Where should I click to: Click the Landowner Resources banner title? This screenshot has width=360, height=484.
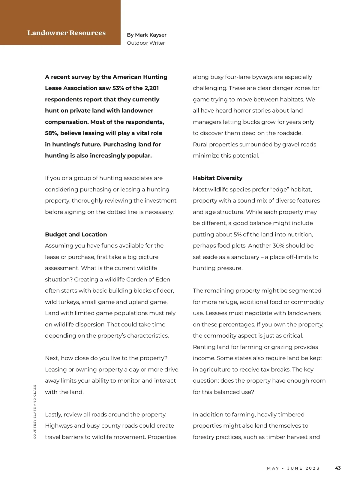point(66,33)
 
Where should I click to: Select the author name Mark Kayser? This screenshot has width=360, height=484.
point(151,35)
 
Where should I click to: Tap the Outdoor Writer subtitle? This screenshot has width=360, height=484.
point(146,43)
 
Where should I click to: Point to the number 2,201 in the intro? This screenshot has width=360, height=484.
point(151,88)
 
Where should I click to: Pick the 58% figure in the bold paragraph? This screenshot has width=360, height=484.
point(52,133)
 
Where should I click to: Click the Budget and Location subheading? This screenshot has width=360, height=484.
point(76,235)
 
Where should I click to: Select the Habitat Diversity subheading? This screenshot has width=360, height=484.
point(217,178)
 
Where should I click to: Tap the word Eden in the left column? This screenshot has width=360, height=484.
point(163,280)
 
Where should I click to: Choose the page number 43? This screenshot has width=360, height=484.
point(338,468)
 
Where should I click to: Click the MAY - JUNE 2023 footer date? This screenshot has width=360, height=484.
point(293,468)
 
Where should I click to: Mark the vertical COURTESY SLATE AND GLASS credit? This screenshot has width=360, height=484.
point(35,412)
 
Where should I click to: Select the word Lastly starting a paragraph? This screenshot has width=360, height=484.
point(54,415)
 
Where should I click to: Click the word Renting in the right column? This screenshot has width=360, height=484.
point(204,347)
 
